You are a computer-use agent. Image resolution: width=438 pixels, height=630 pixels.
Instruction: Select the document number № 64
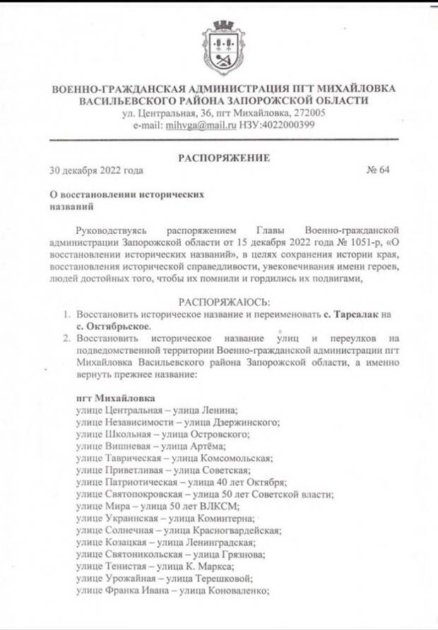click(378, 170)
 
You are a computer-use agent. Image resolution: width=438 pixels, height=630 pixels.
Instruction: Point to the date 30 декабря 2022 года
click(97, 170)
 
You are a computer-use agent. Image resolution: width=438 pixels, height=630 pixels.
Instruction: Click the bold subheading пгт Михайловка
click(112, 398)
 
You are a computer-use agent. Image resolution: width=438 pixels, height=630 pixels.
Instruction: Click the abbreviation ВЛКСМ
click(220, 506)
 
